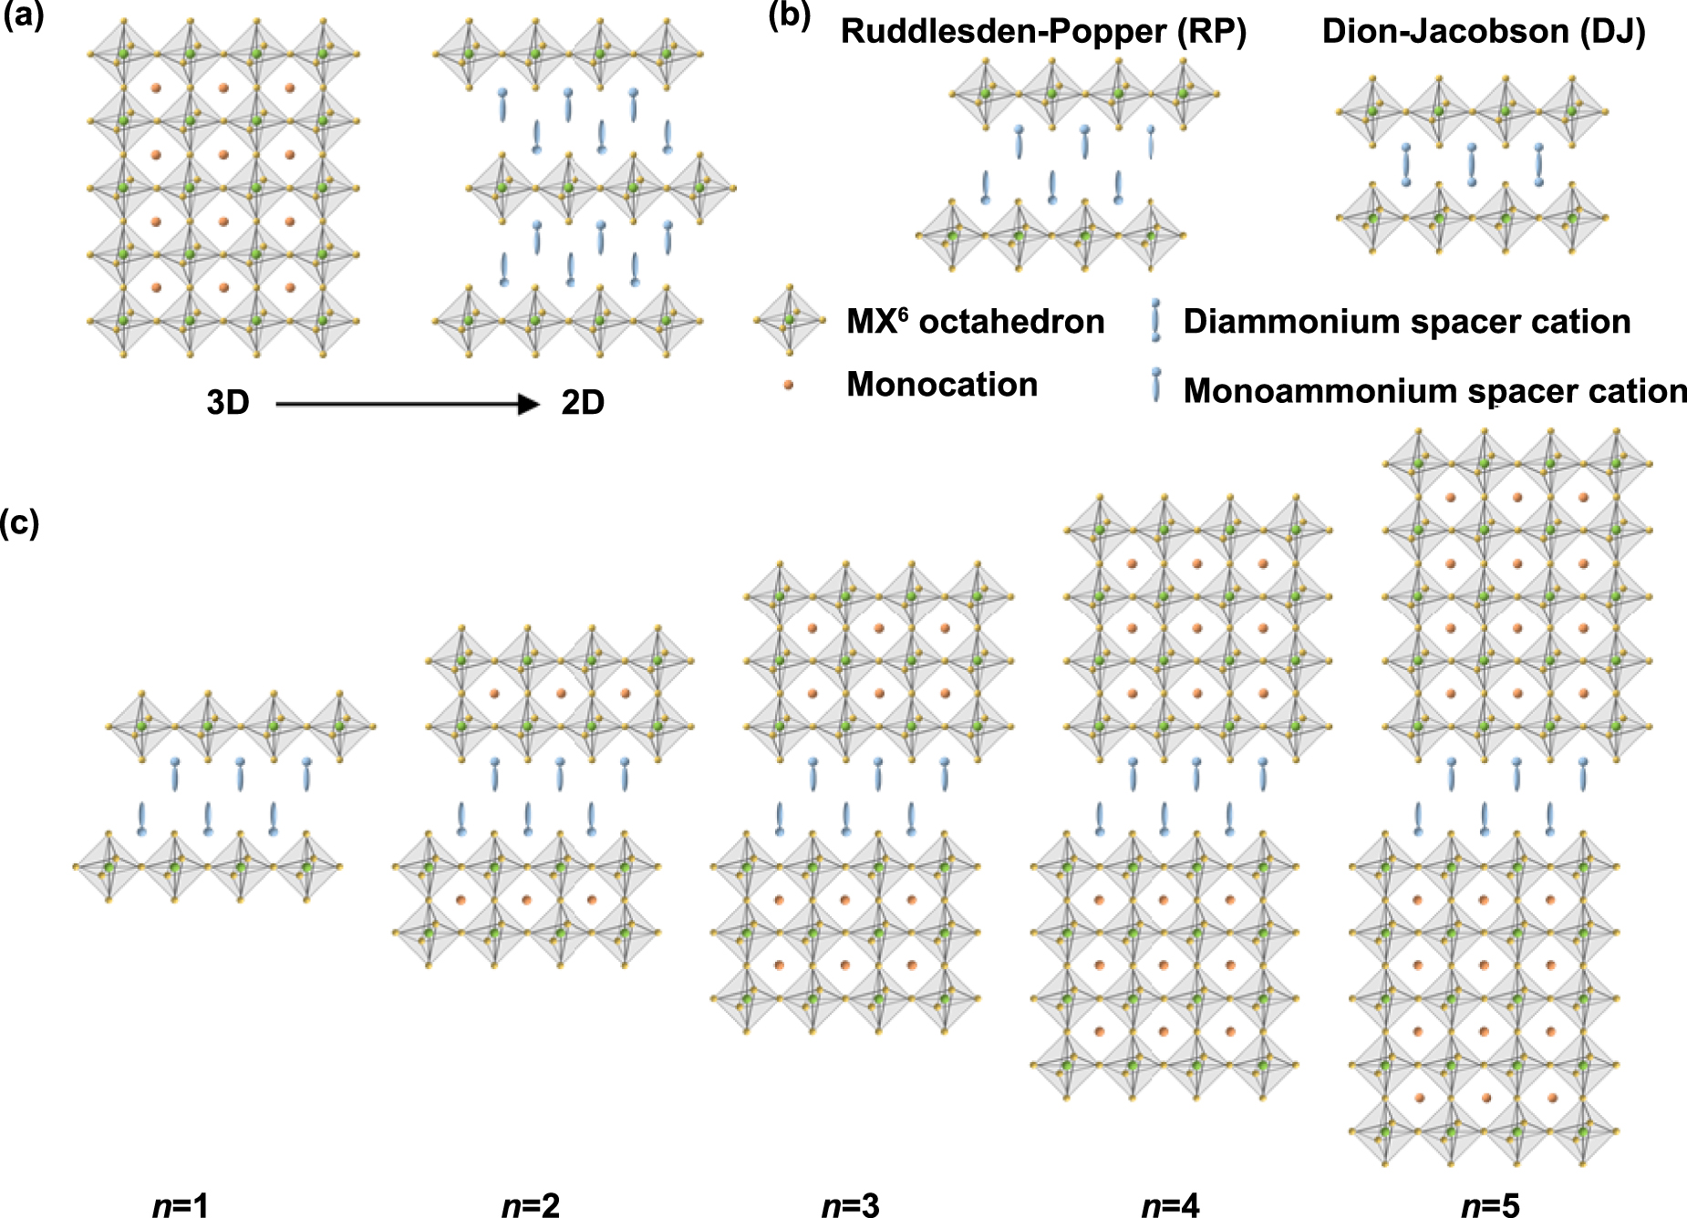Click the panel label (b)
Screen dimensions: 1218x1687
(x=790, y=15)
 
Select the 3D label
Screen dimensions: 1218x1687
(x=228, y=402)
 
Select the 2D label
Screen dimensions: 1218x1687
(x=583, y=402)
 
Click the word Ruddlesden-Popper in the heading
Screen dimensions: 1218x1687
(x=1002, y=32)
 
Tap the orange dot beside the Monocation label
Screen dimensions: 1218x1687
(x=788, y=386)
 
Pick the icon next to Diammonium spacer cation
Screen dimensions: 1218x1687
(x=1156, y=320)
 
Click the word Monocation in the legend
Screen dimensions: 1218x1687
(x=942, y=385)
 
